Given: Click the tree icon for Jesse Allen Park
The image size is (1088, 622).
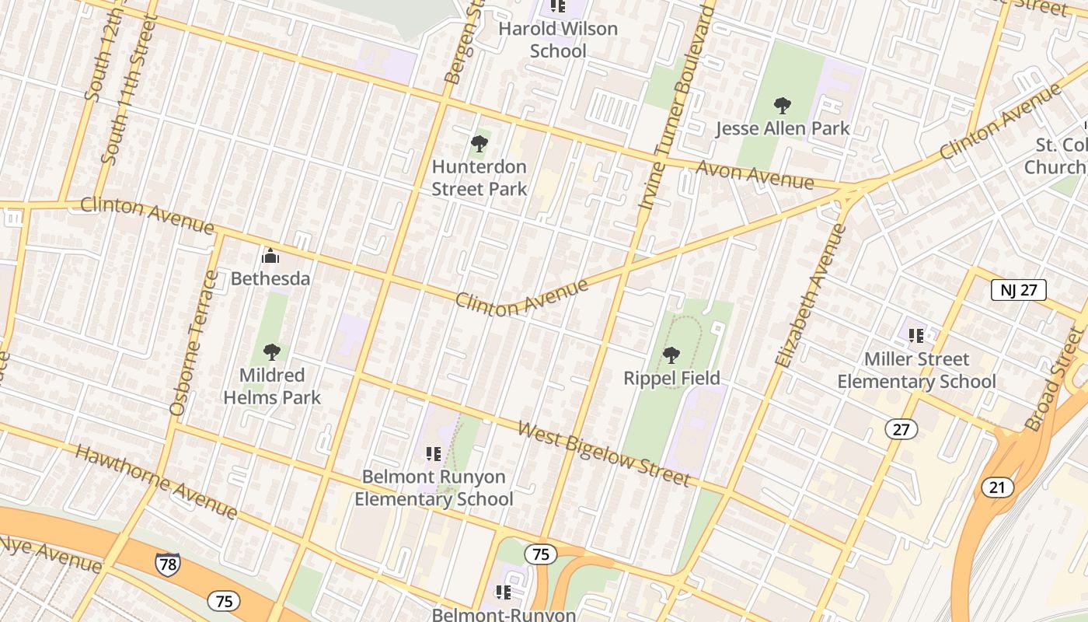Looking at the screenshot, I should pos(782,106).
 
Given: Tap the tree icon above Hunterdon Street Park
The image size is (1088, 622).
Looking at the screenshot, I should pos(479,144).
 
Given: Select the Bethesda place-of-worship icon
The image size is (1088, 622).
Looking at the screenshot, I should pos(270,256).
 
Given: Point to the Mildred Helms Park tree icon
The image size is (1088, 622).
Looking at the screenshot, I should pos(271,352).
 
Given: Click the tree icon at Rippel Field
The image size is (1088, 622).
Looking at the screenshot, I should pos(671,355).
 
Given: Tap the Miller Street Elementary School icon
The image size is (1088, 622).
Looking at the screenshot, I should pos(916,336).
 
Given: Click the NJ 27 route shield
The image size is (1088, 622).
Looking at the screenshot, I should pos(1018,291).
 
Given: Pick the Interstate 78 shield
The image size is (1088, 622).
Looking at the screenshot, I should pos(167,564).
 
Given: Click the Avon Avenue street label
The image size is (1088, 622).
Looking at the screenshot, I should pos(755,175).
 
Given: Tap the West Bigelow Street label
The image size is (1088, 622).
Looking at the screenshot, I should pos(604,453).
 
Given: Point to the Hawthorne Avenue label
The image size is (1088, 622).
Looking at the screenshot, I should pos(156,482).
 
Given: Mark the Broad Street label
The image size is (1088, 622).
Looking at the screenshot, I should pos(1054,379).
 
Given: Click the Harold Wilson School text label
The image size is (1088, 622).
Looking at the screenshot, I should pos(558,40).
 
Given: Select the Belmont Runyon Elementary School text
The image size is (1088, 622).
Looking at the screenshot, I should pos(434,487).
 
